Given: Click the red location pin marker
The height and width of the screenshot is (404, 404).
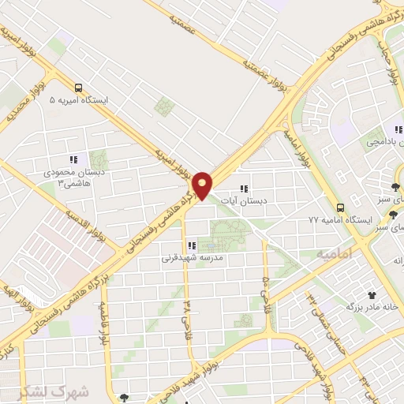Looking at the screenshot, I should click(203, 185).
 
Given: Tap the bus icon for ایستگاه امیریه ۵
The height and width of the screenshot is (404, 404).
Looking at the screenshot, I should click(78, 88).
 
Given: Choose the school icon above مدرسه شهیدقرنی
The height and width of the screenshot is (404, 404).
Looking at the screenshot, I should click(190, 245).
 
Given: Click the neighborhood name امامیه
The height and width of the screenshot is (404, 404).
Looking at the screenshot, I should click(332, 256).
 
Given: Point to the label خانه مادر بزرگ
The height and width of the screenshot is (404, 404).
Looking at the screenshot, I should click(374, 305).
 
